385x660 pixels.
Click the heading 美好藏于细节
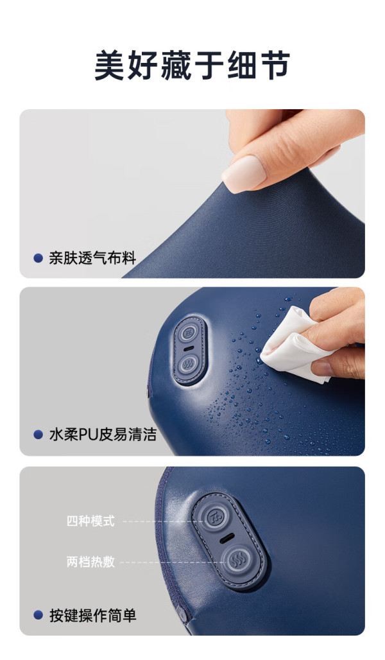[192, 65]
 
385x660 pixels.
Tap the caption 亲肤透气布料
[92, 257]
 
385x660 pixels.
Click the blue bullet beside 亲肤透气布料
[38, 258]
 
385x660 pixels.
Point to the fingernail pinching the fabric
[244, 173]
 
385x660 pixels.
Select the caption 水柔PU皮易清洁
[103, 435]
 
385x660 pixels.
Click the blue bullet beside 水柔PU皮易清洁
[38, 435]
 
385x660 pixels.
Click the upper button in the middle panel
[187, 333]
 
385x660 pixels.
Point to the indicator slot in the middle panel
[189, 348]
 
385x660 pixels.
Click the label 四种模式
[90, 521]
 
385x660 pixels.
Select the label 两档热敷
[90, 562]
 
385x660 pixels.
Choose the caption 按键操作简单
[92, 616]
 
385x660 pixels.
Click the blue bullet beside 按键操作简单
[38, 616]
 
